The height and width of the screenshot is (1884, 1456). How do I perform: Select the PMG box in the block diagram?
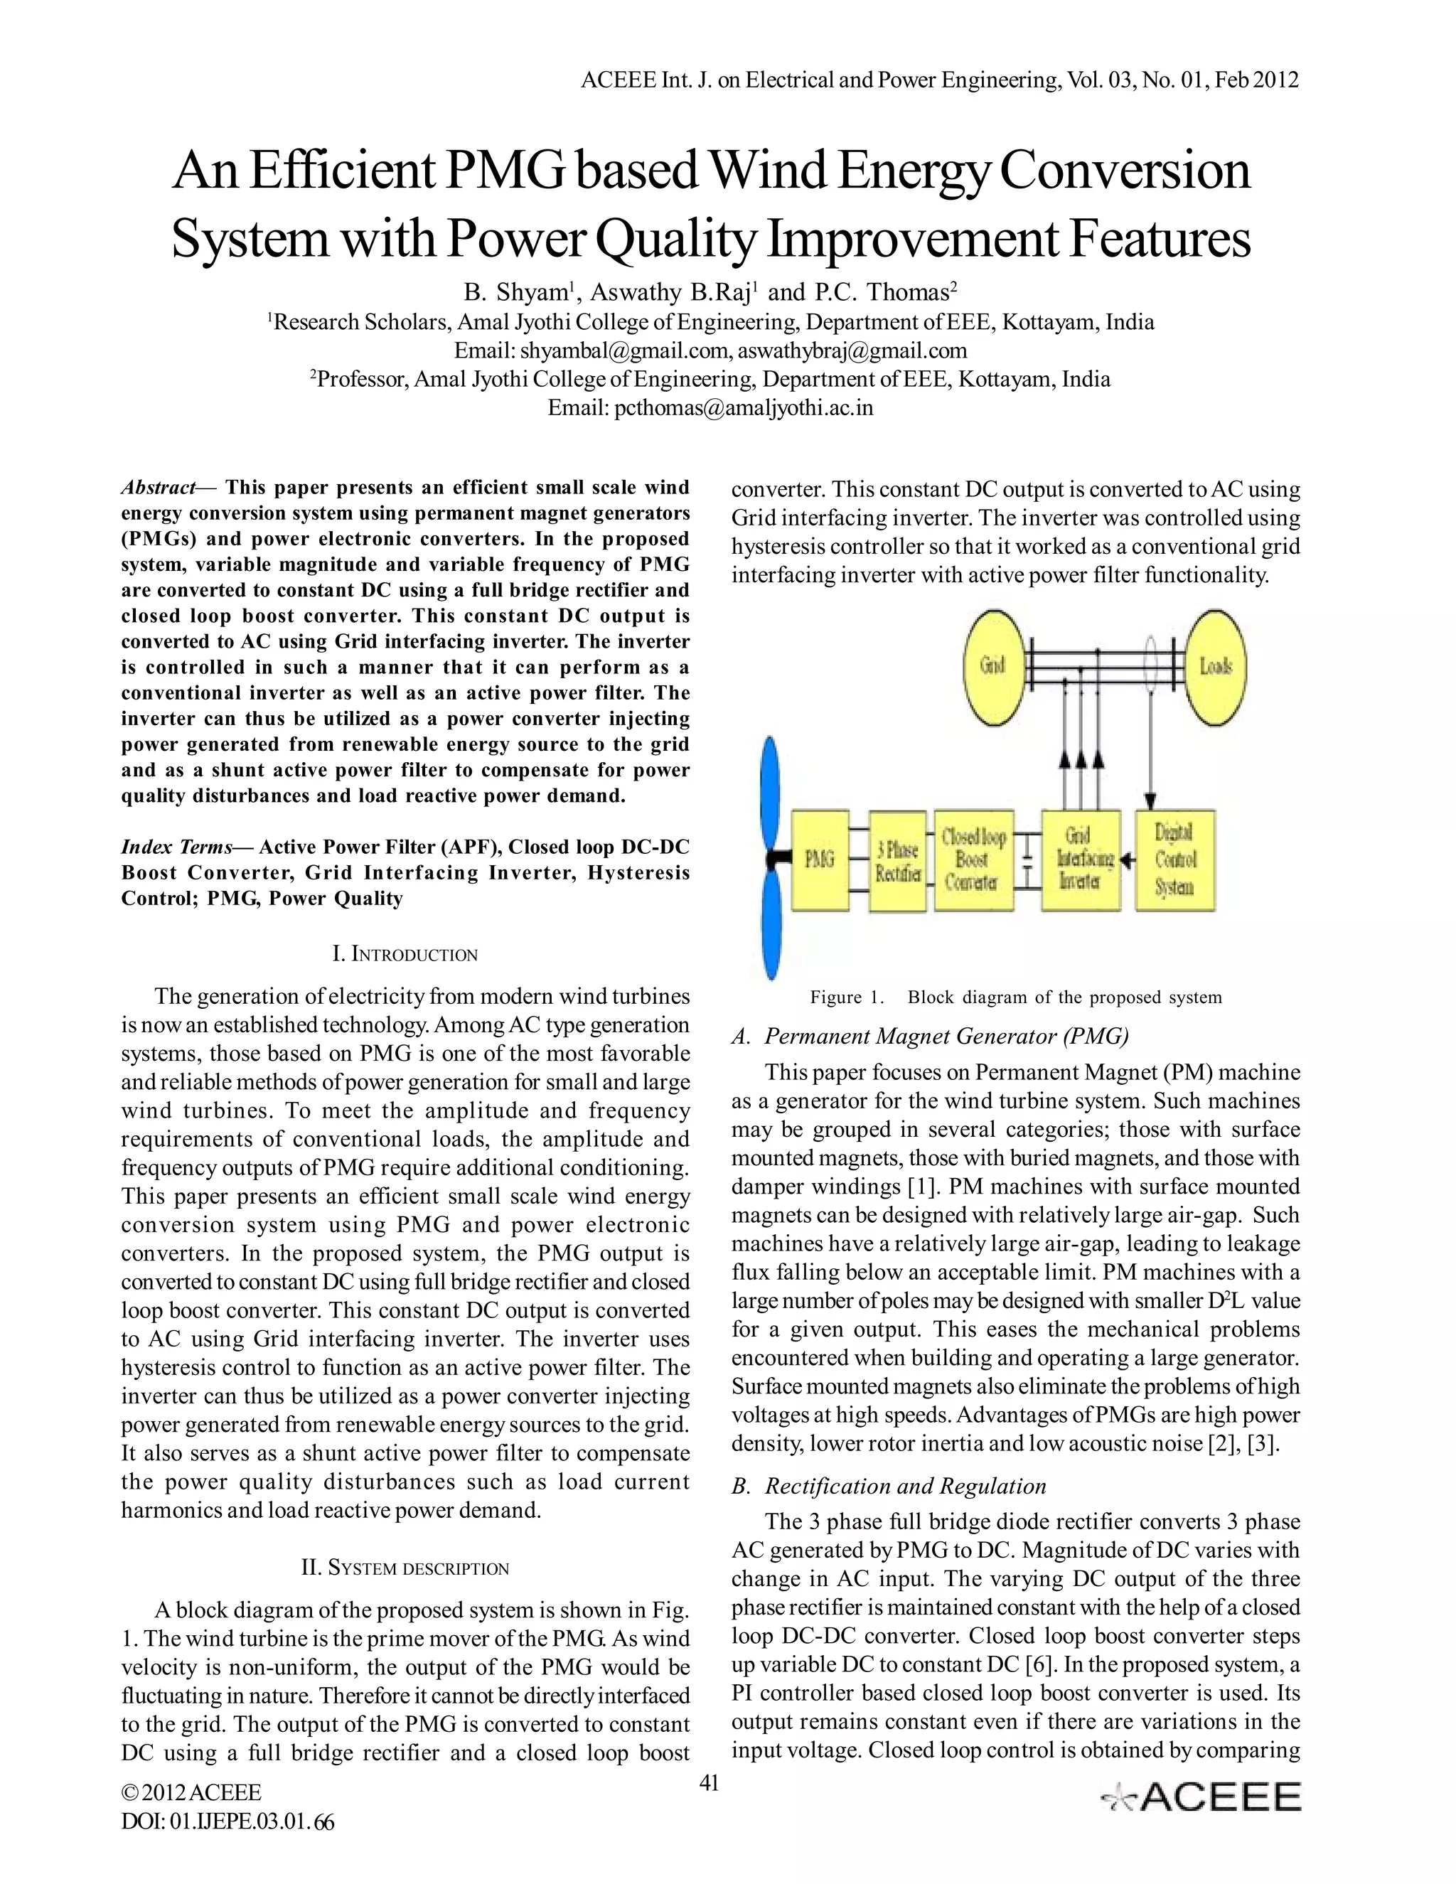pos(820,860)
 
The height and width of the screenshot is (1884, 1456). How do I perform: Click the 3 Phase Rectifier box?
pos(897,861)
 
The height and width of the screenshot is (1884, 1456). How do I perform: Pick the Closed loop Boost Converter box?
pos(973,860)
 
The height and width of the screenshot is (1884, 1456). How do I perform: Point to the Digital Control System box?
pos(1174,860)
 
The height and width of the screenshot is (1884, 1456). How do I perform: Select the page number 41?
pos(708,1784)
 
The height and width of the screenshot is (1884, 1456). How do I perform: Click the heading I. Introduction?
pos(405,954)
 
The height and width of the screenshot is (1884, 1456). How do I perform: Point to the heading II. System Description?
pos(405,1568)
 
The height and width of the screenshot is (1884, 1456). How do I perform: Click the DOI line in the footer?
pos(227,1822)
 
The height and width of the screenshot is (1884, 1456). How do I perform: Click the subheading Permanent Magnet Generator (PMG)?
pos(946,1036)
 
